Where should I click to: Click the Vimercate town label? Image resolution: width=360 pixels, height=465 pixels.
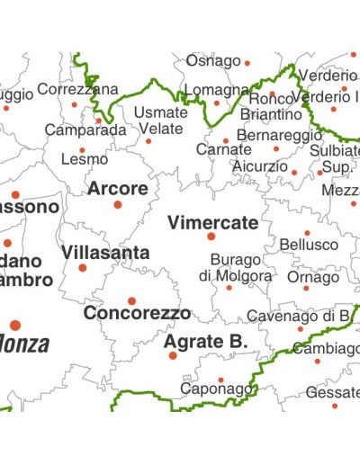coord(212,222)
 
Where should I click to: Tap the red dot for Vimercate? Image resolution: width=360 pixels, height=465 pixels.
coord(211,237)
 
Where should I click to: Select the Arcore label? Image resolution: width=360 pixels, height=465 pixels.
coord(117,189)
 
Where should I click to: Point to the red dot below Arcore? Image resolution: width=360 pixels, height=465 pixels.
coord(117,205)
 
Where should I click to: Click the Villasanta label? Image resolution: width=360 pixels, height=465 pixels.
coord(105,253)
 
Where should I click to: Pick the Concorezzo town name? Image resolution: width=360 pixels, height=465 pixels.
coord(137,314)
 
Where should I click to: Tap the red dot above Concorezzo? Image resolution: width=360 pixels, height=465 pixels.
coord(131,301)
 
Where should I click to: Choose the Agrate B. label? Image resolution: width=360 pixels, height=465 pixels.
coord(205,342)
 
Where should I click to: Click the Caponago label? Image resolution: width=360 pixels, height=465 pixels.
coord(216,389)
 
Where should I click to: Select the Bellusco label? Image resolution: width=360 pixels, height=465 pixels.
coord(309,245)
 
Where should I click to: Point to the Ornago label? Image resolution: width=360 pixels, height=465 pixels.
coord(313,277)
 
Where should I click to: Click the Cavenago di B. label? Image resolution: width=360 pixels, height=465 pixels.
coord(298,316)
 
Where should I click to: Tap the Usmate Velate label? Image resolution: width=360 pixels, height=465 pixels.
coord(161,120)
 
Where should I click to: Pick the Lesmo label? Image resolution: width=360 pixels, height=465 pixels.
coord(84,160)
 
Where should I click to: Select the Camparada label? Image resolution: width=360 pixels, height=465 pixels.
coord(85,130)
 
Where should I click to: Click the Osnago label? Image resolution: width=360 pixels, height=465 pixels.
coord(213,61)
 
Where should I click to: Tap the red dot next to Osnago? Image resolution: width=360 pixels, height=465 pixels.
coord(247,63)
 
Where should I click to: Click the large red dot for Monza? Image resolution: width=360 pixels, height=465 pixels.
coord(15,326)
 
